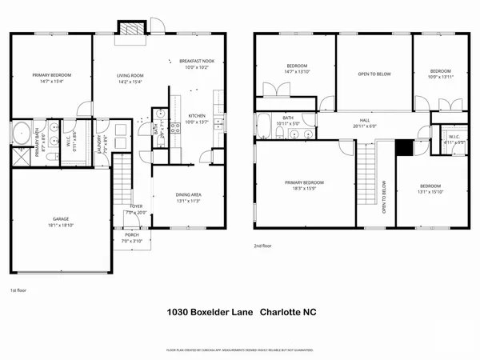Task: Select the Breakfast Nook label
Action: click(x=195, y=65)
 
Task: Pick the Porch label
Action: click(x=130, y=238)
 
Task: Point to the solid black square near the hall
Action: click(x=405, y=149)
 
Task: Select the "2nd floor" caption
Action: click(x=263, y=246)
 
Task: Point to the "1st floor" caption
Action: click(x=18, y=290)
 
